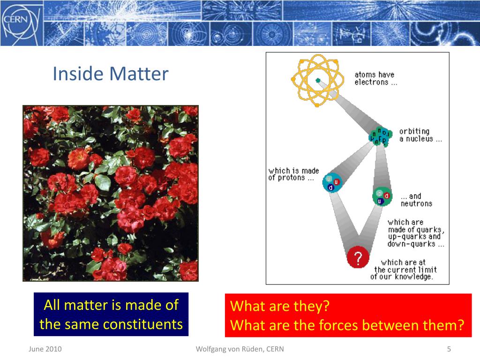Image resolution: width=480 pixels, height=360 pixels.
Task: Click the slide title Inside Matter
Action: [x=111, y=74]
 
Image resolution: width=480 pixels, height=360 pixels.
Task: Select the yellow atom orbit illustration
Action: [x=316, y=81]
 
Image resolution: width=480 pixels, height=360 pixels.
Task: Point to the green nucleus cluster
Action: [x=380, y=136]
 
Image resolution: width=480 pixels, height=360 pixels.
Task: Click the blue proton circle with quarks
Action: [x=332, y=182]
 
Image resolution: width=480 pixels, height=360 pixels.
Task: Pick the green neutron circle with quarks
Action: [x=382, y=196]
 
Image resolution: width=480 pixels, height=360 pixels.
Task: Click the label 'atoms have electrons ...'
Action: [x=375, y=78]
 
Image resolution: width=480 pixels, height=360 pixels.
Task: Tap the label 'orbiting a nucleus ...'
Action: [x=420, y=135]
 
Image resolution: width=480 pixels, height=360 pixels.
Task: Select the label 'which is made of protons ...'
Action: [x=293, y=174]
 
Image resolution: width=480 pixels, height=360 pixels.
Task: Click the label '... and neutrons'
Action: [x=416, y=200]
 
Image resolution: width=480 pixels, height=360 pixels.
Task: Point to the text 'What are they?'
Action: [x=280, y=306]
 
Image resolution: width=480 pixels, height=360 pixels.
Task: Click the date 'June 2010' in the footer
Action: [x=45, y=349]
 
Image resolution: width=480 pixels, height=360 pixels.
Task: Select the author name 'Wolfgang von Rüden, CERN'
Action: [x=240, y=349]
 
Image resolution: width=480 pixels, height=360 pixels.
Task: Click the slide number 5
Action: [x=449, y=349]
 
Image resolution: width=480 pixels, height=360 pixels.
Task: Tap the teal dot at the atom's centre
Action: [x=318, y=81]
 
